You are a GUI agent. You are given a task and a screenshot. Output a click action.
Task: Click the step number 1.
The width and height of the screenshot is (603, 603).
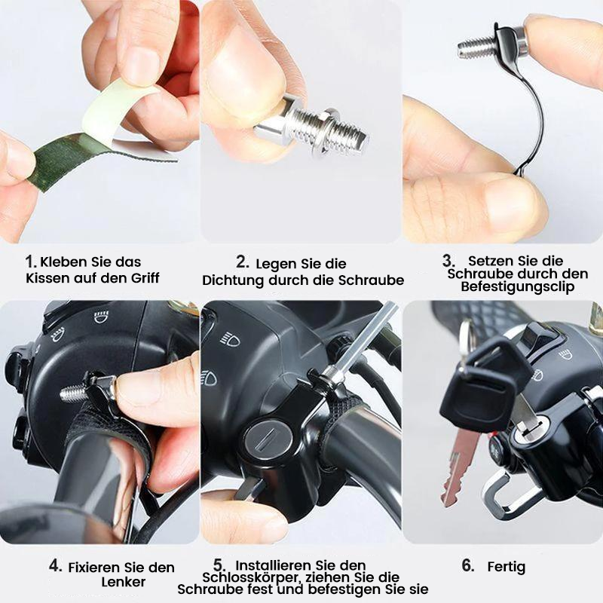[x=31, y=262]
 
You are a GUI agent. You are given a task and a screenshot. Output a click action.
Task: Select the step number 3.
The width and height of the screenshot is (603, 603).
[x=448, y=260]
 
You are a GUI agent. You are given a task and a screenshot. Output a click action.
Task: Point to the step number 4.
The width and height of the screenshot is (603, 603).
[x=55, y=565]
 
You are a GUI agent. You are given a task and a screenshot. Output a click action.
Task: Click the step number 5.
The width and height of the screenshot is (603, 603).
[x=219, y=565]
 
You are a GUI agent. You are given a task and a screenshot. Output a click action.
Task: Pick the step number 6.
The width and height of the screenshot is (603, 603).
[x=468, y=566]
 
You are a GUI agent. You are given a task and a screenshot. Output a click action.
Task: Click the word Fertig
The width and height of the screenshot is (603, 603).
[x=507, y=567]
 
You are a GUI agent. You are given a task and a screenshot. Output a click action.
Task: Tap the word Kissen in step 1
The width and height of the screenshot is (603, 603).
[x=47, y=278]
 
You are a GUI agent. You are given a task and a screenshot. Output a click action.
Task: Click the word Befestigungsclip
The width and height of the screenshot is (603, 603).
[x=513, y=287]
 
